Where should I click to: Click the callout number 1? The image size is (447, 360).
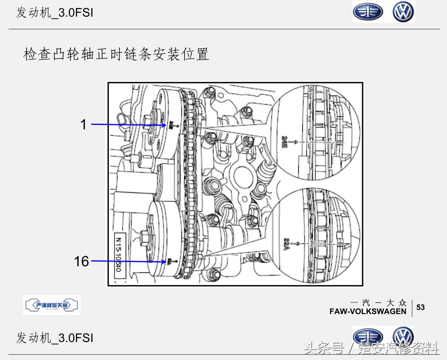coord(83,124)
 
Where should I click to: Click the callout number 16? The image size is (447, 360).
coord(81,261)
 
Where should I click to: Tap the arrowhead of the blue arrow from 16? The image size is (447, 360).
coord(165,261)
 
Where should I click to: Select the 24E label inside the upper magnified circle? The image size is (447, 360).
coord(285,141)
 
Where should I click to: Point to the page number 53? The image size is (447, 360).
coord(420,307)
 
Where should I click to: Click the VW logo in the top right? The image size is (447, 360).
coord(403,12)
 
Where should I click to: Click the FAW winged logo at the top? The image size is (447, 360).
coord(367,12)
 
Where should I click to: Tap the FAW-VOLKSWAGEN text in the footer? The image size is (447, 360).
coord(367,311)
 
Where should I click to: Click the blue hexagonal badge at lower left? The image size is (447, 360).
coord(52,305)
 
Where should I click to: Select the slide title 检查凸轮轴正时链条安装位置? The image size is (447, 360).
coord(116,55)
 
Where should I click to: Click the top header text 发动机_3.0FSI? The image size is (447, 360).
coord(54,13)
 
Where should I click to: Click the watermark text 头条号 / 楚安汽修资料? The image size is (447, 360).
coord(371,348)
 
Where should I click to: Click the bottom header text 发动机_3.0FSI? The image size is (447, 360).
coord(54,338)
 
